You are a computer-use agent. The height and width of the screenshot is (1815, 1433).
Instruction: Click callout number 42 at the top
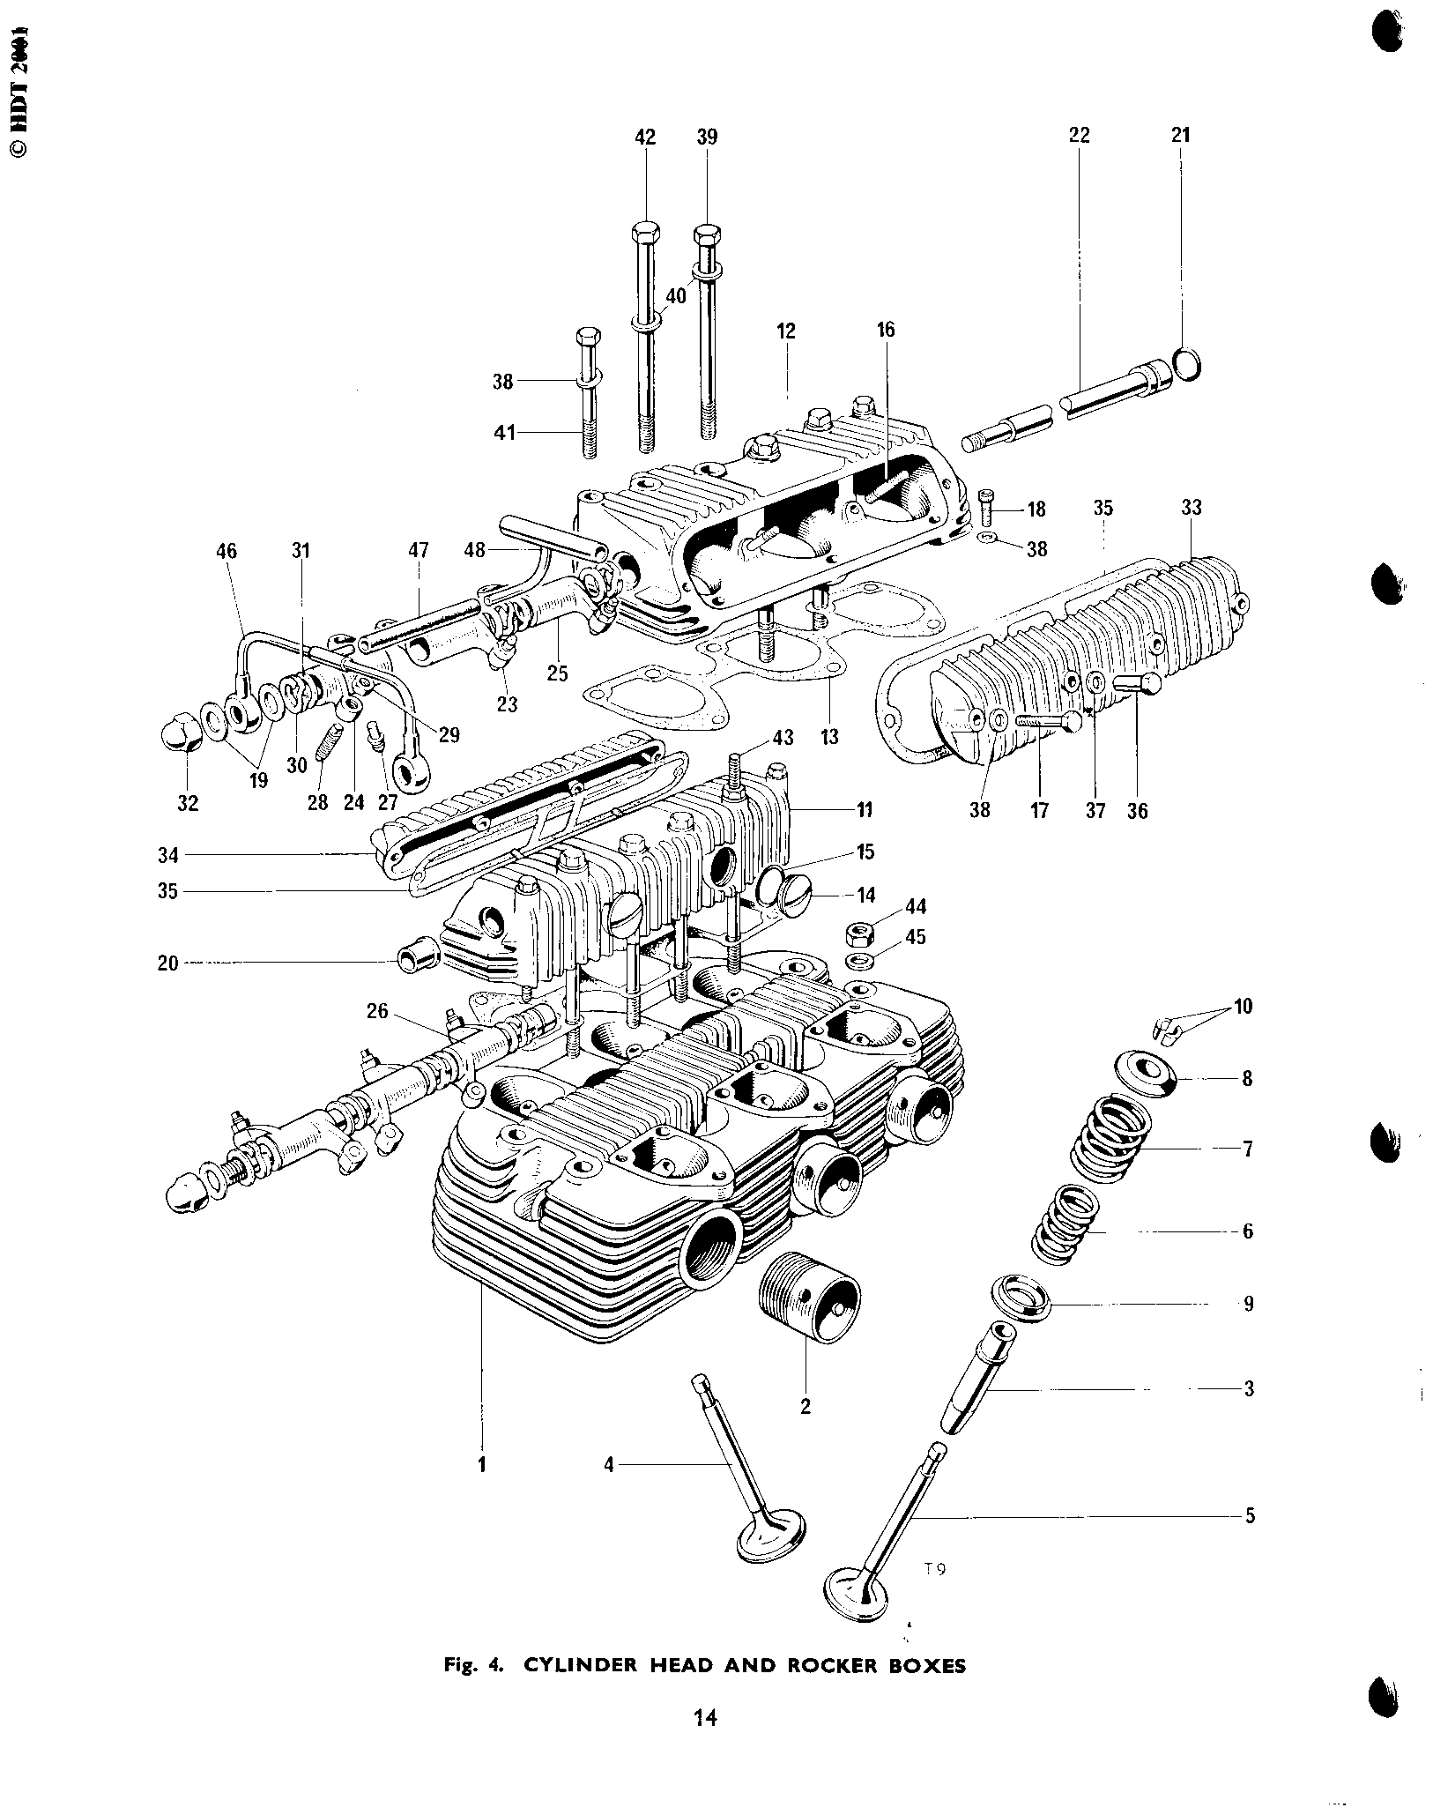coord(645,137)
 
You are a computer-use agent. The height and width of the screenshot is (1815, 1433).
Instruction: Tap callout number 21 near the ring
coord(1180,135)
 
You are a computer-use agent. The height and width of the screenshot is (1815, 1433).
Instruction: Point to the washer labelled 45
coord(861,959)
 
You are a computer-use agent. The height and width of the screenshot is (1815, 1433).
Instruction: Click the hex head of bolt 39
coord(708,236)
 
